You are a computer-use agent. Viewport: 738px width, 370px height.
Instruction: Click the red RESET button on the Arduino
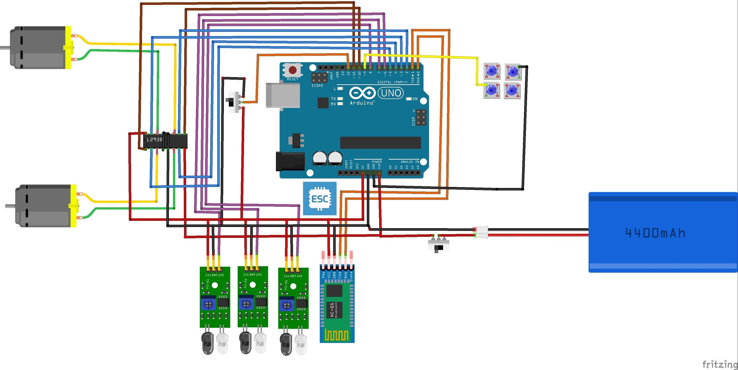[x=292, y=70]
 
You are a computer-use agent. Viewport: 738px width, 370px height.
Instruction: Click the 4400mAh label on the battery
[x=655, y=233]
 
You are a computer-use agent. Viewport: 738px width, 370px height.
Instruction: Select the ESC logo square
[x=319, y=198]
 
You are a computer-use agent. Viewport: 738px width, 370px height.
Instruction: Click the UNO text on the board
[x=391, y=93]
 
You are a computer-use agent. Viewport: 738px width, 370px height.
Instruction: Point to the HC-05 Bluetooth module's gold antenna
[x=337, y=335]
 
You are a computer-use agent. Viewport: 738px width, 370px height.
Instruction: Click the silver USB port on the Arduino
[x=283, y=95]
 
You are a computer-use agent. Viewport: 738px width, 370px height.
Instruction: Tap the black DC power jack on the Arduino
[x=290, y=161]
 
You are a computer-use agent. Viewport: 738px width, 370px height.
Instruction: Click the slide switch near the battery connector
[x=438, y=245]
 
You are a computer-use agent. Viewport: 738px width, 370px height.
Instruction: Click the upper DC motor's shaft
[x=5, y=48]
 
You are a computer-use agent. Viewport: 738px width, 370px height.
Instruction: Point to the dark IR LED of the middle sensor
[x=245, y=342]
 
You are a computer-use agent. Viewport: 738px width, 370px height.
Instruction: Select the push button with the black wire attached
[x=513, y=72]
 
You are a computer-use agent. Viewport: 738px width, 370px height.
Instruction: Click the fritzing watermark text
[x=720, y=364]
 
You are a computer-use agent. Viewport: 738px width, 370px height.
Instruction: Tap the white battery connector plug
[x=481, y=232]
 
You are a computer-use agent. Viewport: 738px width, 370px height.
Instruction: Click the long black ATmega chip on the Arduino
[x=380, y=143]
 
